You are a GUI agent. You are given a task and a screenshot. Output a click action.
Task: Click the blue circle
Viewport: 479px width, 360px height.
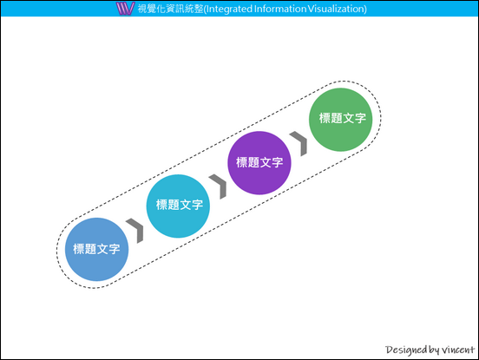(96, 249)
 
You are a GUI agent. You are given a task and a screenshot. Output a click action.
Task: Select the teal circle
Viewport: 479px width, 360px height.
(178, 206)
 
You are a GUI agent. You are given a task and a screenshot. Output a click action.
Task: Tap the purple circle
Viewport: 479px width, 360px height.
(259, 163)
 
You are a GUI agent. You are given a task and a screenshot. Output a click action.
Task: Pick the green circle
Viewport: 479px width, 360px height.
(341, 120)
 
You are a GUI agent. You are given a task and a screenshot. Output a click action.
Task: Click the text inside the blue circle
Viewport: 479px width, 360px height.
(96, 249)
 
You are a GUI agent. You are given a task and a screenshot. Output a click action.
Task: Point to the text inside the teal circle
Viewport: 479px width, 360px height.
(180, 205)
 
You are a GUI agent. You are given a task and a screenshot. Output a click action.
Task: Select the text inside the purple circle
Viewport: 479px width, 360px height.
(259, 162)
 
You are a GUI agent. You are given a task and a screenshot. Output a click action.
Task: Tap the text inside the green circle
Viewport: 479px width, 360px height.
(343, 118)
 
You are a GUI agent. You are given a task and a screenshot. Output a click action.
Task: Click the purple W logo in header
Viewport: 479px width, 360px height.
(125, 9)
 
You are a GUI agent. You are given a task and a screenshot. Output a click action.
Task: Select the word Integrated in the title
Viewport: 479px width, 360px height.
(229, 9)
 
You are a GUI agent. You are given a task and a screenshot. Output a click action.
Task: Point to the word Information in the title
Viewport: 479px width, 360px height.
(280, 9)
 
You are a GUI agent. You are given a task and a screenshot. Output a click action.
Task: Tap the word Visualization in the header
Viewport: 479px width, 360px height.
(336, 9)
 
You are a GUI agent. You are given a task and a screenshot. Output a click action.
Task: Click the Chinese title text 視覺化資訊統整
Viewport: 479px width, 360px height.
(170, 9)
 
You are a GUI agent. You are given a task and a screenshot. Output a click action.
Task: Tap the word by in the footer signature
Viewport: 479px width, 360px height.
(434, 350)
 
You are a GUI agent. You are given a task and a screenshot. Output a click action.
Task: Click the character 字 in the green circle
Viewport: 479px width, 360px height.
(360, 118)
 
